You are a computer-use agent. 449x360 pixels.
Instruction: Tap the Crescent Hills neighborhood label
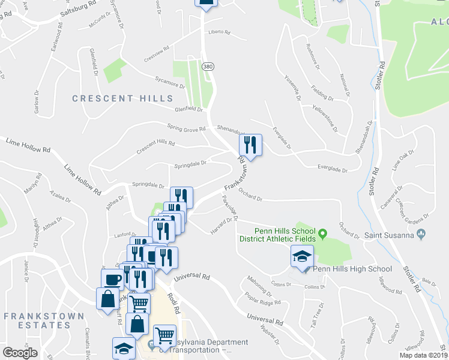tap(122, 98)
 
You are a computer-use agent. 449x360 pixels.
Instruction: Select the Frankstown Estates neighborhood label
tap(37, 320)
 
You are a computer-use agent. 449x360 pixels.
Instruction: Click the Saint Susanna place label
tap(390, 235)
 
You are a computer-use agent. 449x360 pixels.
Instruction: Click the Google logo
tap(20, 353)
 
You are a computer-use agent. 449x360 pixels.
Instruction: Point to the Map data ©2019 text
tap(423, 355)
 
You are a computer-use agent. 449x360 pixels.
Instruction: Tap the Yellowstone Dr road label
tap(325, 118)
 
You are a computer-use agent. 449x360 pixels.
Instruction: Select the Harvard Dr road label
tap(221, 226)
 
